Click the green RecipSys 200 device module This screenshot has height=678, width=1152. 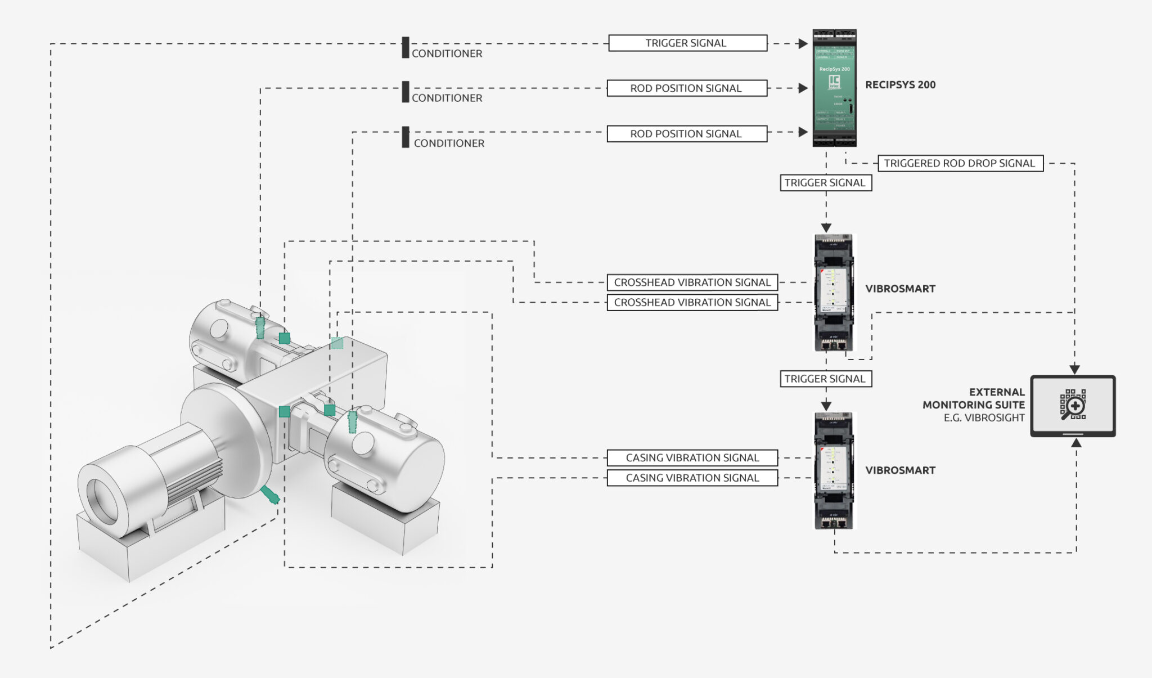(834, 88)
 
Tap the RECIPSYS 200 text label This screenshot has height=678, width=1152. (900, 85)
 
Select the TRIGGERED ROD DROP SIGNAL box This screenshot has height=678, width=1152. (960, 163)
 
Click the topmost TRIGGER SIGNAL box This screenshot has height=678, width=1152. (687, 43)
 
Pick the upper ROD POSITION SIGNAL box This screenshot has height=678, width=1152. (686, 88)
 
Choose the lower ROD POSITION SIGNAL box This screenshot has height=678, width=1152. (686, 134)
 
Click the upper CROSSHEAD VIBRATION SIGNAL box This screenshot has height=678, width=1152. (692, 282)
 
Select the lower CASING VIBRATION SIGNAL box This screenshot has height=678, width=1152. (692, 478)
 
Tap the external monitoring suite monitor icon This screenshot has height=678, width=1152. (1073, 406)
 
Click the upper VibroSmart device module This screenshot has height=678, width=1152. (834, 293)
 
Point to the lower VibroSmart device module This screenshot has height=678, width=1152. (834, 471)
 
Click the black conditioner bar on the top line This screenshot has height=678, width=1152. (406, 47)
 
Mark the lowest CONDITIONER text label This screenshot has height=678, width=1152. (449, 143)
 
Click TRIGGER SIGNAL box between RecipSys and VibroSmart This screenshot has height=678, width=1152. (825, 183)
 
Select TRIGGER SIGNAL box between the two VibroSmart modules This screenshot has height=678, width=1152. (825, 379)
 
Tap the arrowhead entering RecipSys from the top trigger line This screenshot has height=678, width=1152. (803, 43)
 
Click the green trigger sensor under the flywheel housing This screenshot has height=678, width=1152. (269, 495)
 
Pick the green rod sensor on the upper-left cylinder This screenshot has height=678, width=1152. (260, 327)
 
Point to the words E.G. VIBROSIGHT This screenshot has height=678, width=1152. (984, 418)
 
